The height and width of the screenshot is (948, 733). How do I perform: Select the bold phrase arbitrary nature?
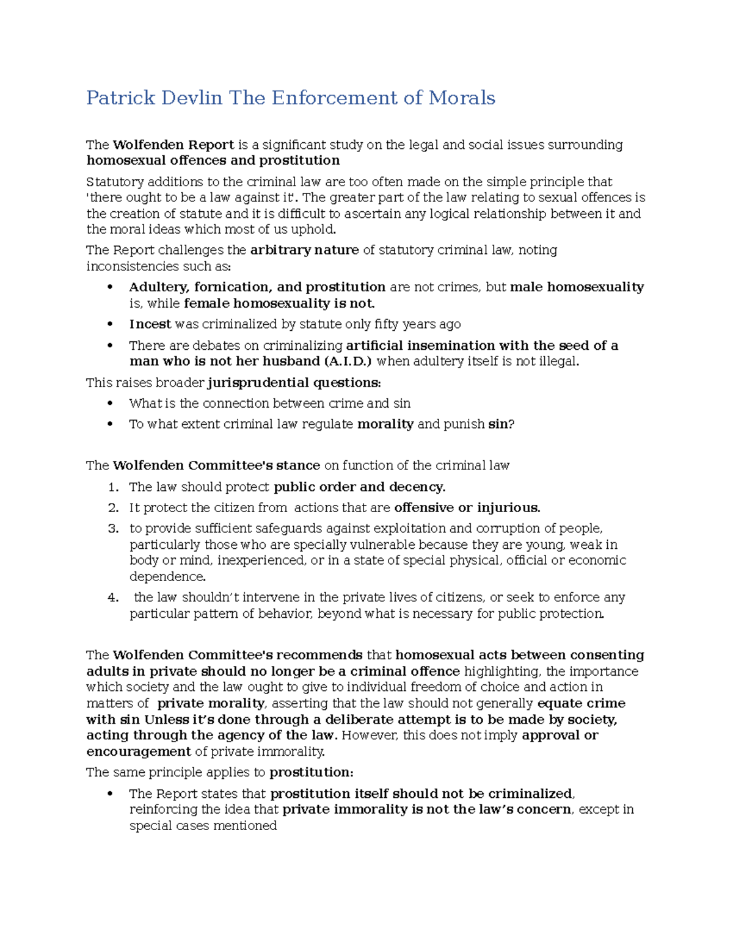pos(304,250)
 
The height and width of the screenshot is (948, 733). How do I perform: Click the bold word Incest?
pos(150,324)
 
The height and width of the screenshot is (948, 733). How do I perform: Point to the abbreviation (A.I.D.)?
pos(346,361)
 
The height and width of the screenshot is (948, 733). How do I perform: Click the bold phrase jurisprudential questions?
pos(294,383)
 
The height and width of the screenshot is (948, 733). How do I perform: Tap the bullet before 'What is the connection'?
pos(111,403)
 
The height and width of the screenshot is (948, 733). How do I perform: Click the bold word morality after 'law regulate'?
pos(385,424)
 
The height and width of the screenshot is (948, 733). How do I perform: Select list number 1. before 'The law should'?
pos(113,487)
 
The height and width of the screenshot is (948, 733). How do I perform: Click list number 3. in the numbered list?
pos(113,529)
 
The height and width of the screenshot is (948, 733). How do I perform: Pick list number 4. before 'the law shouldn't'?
pos(113,598)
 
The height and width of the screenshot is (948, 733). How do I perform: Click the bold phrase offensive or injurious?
pos(467,508)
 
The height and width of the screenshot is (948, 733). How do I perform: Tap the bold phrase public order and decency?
pos(359,487)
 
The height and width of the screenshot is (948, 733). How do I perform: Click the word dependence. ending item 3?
pos(167,577)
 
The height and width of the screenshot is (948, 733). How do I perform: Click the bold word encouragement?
pos(139,751)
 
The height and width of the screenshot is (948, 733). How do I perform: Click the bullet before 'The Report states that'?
pos(111,794)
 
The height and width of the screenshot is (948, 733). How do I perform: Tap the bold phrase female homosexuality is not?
pos(279,303)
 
